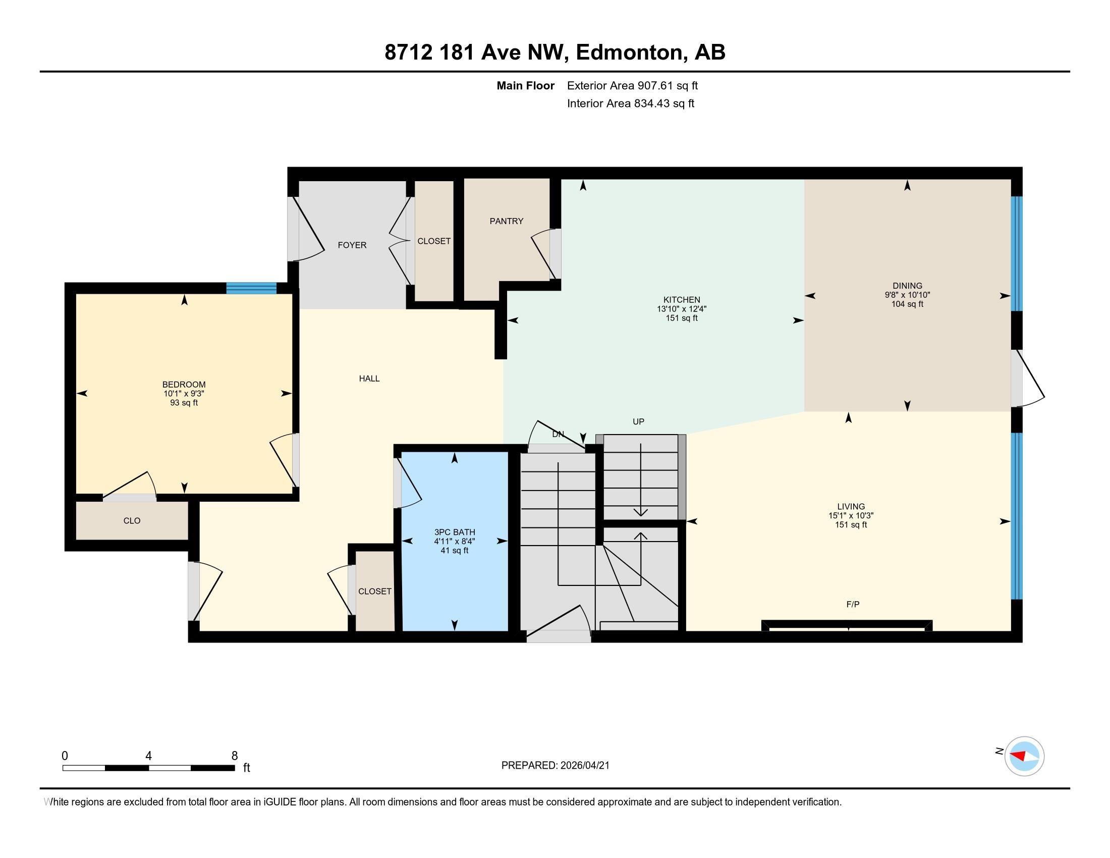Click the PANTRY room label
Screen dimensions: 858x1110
click(506, 221)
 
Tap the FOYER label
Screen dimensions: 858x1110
click(352, 245)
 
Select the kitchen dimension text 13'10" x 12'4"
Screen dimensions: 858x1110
click(682, 309)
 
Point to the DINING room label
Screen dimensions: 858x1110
click(907, 286)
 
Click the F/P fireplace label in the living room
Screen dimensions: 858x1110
click(853, 604)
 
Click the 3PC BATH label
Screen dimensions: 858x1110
click(455, 532)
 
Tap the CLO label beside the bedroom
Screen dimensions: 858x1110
click(132, 520)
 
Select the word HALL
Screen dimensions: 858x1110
click(369, 379)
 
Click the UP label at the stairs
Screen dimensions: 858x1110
click(638, 421)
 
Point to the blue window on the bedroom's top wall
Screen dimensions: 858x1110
click(251, 288)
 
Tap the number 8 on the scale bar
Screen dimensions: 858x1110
click(234, 756)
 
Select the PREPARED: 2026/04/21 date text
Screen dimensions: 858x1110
click(555, 766)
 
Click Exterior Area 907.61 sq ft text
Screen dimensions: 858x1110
click(632, 85)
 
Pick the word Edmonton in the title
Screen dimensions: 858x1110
click(629, 52)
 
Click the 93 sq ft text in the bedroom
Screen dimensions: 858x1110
click(184, 403)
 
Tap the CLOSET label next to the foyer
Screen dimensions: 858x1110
click(433, 241)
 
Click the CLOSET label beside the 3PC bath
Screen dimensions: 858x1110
click(374, 591)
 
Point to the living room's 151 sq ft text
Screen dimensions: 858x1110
click(851, 524)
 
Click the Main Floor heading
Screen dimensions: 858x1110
click(525, 85)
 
